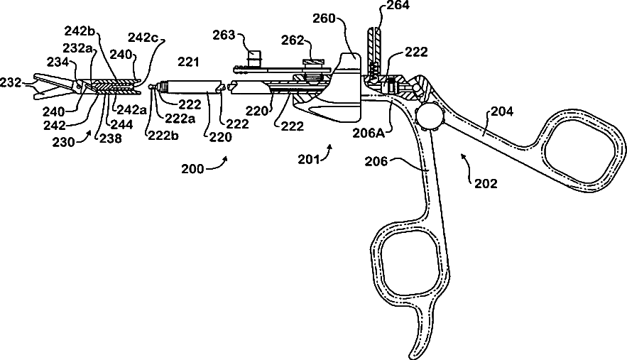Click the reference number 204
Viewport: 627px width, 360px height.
[x=502, y=111]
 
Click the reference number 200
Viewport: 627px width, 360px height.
[x=192, y=169]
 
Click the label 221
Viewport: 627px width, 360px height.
[x=189, y=62]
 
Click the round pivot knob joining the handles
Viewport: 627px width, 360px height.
[x=430, y=114]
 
